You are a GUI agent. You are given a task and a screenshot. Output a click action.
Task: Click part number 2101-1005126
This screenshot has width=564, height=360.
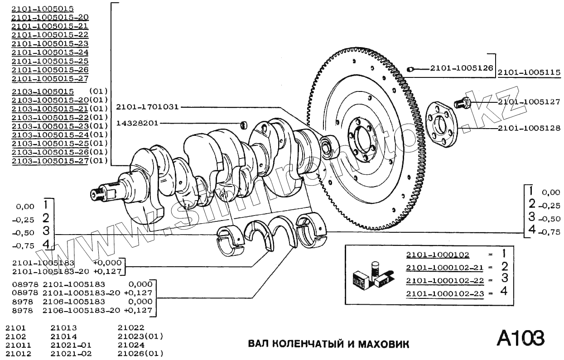click(461, 69)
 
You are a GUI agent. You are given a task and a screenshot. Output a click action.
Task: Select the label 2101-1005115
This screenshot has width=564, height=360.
click(529, 72)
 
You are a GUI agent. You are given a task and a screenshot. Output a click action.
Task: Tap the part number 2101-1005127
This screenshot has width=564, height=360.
click(529, 102)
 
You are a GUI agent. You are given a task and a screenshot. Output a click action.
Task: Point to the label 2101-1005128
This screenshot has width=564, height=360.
click(529, 129)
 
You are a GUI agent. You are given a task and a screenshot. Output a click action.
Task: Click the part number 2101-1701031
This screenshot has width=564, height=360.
click(147, 107)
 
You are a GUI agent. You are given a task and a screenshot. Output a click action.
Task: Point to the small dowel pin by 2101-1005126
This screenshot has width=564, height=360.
click(410, 69)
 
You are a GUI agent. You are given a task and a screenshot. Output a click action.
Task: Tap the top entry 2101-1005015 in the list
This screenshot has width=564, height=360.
click(43, 9)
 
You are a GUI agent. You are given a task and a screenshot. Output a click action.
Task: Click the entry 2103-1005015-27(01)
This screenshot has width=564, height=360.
click(59, 161)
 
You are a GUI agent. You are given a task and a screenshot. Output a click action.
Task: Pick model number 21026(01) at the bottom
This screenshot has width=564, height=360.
click(140, 354)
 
